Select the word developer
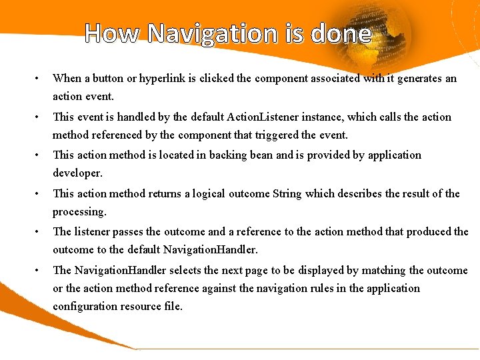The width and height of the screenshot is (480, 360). [77, 173]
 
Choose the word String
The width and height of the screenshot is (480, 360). [287, 194]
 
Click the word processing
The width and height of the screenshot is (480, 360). [79, 212]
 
